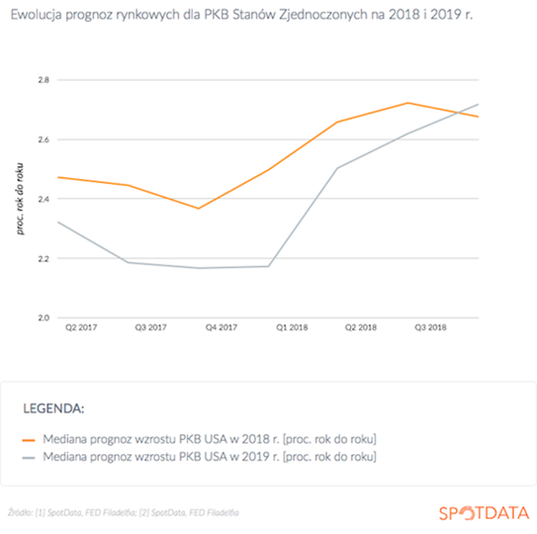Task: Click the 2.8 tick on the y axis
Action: (x=44, y=80)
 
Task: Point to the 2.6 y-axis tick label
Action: (x=44, y=139)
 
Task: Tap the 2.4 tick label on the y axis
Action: (x=44, y=199)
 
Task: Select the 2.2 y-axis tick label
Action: (x=44, y=259)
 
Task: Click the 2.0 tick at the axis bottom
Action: (x=44, y=317)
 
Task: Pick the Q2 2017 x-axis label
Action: (x=81, y=327)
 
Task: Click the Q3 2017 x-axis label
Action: (x=151, y=327)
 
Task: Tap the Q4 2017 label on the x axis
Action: (x=222, y=327)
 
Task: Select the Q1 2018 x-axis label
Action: (x=292, y=327)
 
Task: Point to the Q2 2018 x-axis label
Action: (x=361, y=327)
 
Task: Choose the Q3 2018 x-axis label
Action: (x=430, y=327)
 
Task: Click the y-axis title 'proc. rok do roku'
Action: (x=20, y=199)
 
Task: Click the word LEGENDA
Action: (x=54, y=409)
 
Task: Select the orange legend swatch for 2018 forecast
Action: (x=29, y=440)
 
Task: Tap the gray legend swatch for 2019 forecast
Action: (x=29, y=458)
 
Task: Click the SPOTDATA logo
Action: (x=484, y=513)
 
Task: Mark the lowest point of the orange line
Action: (x=198, y=208)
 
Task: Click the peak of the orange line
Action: (x=408, y=102)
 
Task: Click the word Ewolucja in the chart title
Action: (x=36, y=15)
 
